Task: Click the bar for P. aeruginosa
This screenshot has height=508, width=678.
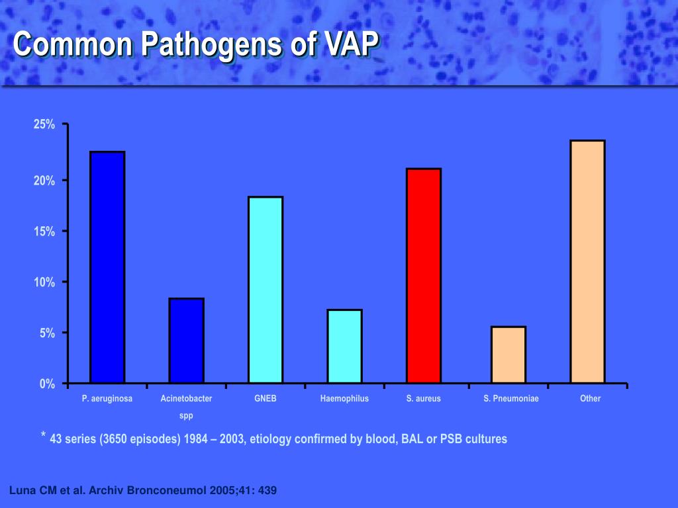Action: pos(107,267)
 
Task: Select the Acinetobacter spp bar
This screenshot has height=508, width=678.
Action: pos(186,341)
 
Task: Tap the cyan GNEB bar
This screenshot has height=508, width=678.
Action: pos(266,290)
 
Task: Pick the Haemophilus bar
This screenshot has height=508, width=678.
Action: pos(344,346)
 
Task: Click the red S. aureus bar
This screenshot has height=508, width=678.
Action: pos(424,276)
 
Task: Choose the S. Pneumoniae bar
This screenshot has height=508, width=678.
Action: pos(508,355)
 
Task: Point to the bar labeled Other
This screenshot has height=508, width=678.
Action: pos(587,261)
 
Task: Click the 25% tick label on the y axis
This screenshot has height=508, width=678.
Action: pos(44,125)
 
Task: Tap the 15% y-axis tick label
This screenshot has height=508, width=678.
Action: pos(44,232)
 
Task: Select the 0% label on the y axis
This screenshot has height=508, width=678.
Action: pos(47,384)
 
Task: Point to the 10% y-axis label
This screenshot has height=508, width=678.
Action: pos(44,282)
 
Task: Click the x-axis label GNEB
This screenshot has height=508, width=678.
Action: pos(266,399)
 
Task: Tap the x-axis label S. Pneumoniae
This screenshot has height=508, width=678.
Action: pos(511,399)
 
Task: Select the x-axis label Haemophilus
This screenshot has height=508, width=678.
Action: pos(344,399)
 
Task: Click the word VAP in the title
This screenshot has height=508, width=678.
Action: pos(344,45)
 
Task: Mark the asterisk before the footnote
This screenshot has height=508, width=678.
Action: pos(43,435)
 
